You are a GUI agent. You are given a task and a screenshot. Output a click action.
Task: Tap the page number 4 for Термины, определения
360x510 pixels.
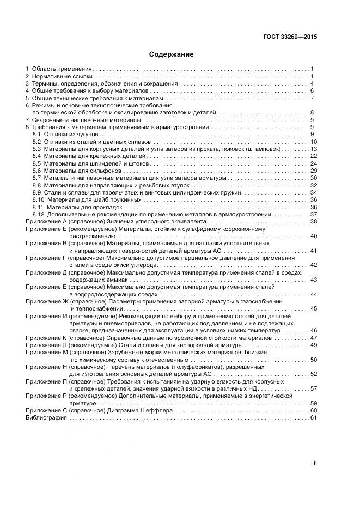(312, 84)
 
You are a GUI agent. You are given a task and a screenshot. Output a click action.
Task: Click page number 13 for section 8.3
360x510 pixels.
(313, 149)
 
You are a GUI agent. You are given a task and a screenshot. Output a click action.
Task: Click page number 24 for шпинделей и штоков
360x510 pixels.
(313, 163)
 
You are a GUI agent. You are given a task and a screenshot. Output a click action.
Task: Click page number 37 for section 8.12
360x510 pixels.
(313, 215)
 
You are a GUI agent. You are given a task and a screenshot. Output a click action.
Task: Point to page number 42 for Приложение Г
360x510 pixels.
(313, 265)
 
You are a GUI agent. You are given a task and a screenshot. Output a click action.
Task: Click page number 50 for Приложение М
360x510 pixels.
(313, 360)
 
